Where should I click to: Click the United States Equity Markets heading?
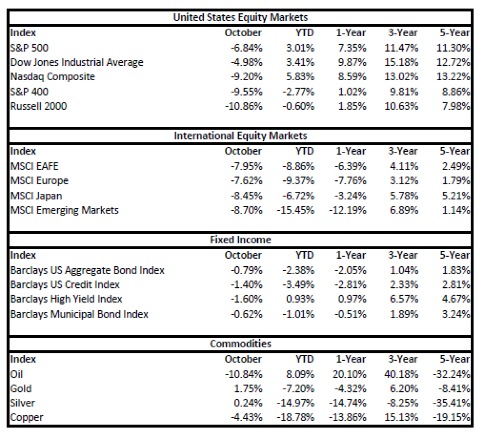pos(240,18)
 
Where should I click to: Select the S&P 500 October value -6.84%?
pos(246,48)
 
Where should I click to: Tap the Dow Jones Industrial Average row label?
pos(77,62)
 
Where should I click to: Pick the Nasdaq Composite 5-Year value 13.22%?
pos(453,77)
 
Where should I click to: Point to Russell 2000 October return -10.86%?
pos(244,106)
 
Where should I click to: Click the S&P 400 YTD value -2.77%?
pos(298,92)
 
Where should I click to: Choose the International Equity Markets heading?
pos(240,136)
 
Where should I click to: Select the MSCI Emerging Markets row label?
pos(65,210)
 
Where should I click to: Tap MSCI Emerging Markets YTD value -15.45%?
pos(295,210)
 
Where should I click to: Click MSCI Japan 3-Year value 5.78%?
pos(404,196)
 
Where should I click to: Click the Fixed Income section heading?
pos(240,240)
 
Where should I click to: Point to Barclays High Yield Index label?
pos(66,299)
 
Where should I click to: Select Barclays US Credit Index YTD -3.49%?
pos(298,285)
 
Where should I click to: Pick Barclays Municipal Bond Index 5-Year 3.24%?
pos(456,314)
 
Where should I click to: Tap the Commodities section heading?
pos(240,344)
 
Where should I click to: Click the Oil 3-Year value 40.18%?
pos(401,374)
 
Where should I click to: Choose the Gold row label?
pos(21,389)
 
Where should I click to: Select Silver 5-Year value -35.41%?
pos(451,403)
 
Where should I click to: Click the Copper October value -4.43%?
pos(246,418)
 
